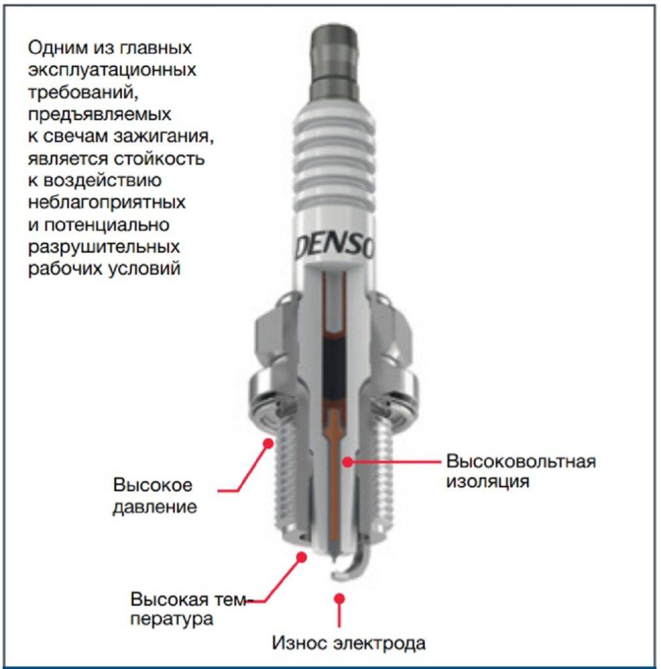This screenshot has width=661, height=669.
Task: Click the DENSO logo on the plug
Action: point(335,247)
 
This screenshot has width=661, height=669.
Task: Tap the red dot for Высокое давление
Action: point(268,444)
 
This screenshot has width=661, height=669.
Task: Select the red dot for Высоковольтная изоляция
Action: point(348,461)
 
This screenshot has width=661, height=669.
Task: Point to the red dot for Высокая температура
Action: point(301,557)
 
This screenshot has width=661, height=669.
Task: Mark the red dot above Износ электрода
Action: point(339,598)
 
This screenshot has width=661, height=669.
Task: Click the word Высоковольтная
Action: point(521,462)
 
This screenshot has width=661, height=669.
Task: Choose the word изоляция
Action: point(488,481)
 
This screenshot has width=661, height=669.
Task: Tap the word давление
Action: point(155,507)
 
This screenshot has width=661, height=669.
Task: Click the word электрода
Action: point(379,644)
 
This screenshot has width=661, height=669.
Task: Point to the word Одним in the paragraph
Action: point(59,48)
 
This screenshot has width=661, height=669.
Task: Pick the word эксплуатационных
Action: point(112,70)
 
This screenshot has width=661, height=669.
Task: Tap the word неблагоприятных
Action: point(107,203)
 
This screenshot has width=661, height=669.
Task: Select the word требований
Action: point(83,93)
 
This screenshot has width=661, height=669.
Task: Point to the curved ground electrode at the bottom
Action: point(352,559)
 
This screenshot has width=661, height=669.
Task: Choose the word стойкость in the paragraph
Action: point(159,159)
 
